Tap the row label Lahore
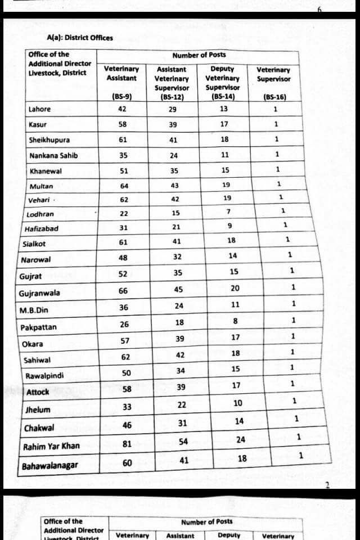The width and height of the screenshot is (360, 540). [x=39, y=109]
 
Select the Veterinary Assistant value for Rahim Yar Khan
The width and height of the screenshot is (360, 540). [x=127, y=444]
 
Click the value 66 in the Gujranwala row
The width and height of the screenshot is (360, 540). [x=123, y=290]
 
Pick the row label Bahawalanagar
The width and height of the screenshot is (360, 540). [x=50, y=466]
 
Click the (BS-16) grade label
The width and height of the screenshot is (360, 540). [x=274, y=97]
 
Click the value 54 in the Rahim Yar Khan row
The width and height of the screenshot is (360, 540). [x=183, y=441]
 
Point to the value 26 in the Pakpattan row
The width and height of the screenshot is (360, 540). [x=124, y=324]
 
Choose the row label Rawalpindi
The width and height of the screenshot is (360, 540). [x=44, y=376]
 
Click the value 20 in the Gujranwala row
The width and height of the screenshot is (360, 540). [x=235, y=288]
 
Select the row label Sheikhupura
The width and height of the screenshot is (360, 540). [x=49, y=140]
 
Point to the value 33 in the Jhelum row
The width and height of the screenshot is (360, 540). [x=127, y=407]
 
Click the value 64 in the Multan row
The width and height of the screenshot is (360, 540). [x=124, y=186]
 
